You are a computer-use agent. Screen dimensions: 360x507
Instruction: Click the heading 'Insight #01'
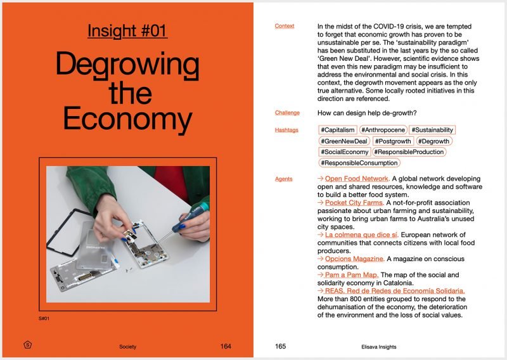(127, 30)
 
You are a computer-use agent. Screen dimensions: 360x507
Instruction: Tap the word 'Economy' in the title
(127, 119)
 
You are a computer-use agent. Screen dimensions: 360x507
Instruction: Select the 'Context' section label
(285, 26)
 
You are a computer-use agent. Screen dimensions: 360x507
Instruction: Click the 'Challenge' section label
(287, 113)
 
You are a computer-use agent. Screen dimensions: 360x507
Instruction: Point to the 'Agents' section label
(284, 179)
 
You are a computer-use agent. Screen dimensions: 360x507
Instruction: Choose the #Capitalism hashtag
(338, 130)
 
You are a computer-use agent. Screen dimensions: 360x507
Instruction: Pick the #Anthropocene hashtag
(383, 130)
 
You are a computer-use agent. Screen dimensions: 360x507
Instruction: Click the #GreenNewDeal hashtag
(344, 141)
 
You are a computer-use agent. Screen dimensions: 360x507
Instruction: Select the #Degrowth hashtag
(433, 141)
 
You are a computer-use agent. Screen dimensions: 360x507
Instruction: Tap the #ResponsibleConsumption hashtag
(359, 163)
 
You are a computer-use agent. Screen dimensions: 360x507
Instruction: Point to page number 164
(226, 347)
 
